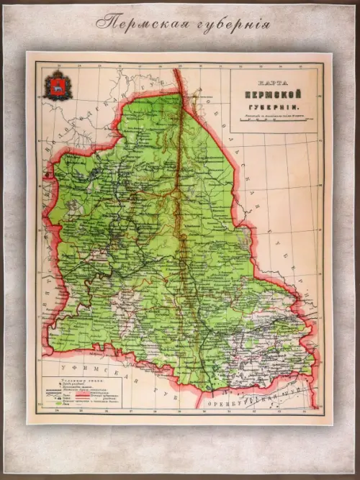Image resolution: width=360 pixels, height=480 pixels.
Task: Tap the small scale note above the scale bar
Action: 271,115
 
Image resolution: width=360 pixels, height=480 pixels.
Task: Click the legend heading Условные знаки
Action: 73,379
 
